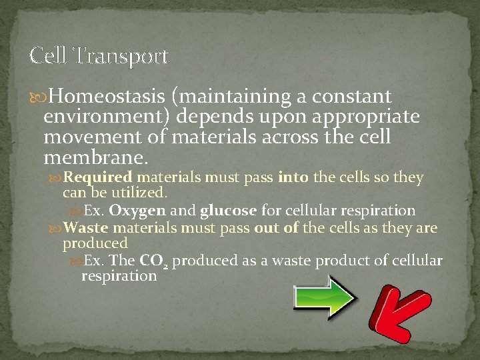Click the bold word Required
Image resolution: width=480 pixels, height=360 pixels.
pyautogui.click(x=99, y=178)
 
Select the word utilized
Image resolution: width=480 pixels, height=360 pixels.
pyautogui.click(x=143, y=193)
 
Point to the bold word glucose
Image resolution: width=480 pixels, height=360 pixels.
pyautogui.click(x=228, y=211)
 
